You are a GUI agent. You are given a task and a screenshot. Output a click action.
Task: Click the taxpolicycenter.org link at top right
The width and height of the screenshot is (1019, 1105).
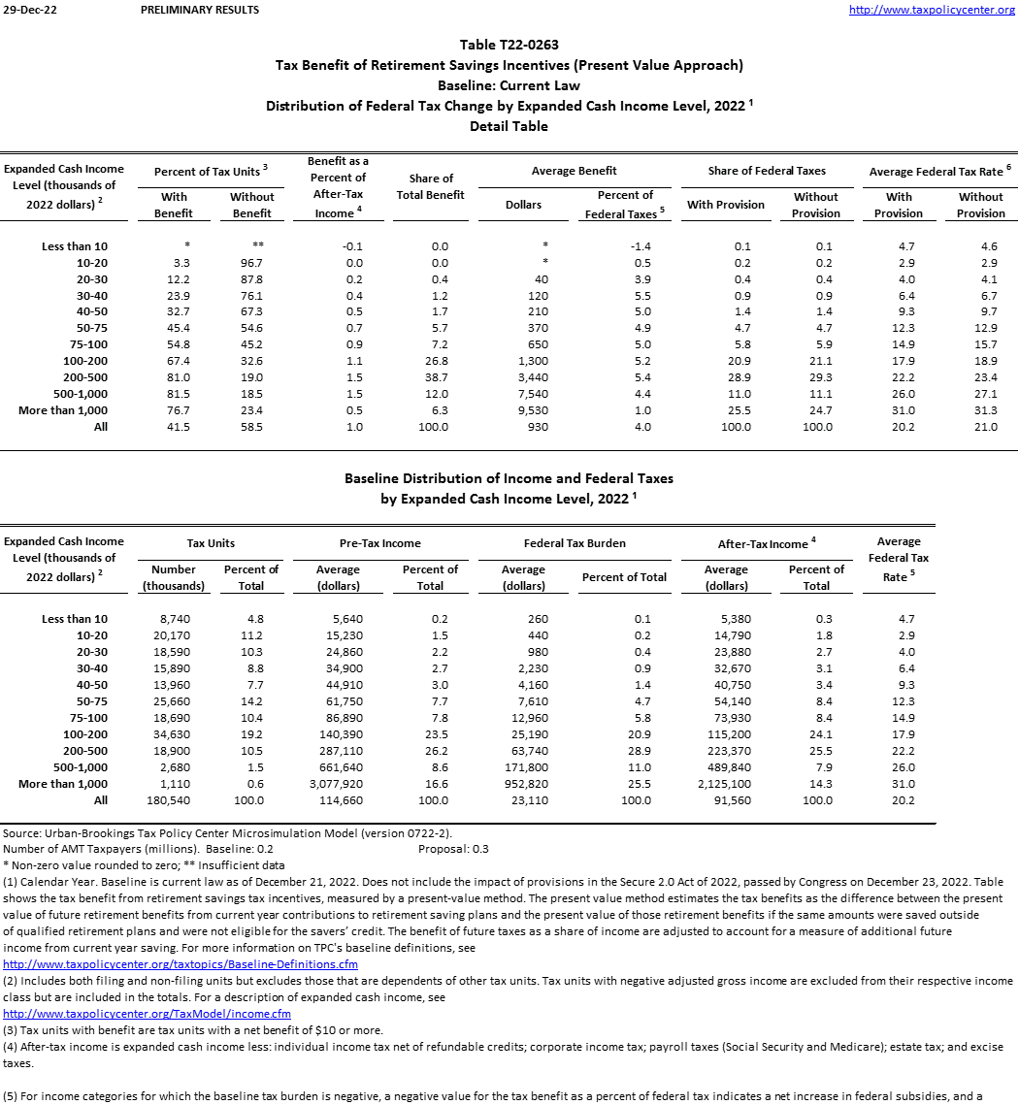[932, 10]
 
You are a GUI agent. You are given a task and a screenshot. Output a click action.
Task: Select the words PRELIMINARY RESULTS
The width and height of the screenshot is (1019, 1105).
[200, 10]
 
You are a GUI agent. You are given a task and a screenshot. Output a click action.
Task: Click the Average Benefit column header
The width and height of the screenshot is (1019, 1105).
[575, 171]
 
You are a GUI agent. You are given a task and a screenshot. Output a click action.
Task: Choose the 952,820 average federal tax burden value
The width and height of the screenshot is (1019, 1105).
[524, 784]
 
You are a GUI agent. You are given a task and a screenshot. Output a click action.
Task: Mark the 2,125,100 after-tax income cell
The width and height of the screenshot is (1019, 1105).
[726, 784]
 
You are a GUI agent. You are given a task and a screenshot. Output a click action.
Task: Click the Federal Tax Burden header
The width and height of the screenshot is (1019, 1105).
[575, 543]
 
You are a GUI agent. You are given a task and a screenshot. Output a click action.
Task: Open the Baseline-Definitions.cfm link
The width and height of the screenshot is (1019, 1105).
[181, 964]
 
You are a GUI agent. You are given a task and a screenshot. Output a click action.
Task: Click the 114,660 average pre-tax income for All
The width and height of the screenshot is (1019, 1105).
[339, 800]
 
